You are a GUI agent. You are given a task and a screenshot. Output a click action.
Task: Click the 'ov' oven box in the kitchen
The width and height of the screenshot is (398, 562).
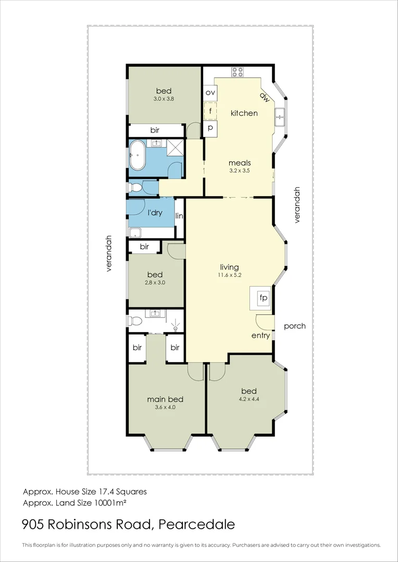point(210,93)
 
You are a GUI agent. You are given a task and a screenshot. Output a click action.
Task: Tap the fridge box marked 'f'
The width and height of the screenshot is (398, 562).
point(210,111)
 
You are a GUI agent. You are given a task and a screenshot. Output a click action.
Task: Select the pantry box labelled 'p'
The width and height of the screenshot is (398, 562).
point(210,128)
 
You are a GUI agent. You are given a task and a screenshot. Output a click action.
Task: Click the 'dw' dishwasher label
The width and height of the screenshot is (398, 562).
point(265,97)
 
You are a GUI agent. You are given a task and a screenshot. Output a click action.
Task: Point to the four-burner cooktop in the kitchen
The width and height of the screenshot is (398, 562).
point(238,72)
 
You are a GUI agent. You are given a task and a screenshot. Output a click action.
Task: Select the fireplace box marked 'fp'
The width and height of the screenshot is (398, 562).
point(263,299)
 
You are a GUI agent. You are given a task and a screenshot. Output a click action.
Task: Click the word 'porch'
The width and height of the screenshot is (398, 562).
point(294,326)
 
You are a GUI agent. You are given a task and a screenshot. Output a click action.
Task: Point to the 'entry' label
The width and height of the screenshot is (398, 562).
point(260,336)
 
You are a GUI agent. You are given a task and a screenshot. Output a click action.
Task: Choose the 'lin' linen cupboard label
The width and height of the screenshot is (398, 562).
point(179,216)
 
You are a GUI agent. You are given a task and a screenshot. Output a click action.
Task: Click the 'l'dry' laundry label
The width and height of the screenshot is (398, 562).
point(155,213)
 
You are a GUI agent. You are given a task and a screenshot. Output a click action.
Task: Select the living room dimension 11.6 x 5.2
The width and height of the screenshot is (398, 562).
point(230,275)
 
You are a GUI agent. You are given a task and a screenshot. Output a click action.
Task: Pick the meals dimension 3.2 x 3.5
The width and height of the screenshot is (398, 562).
point(240,170)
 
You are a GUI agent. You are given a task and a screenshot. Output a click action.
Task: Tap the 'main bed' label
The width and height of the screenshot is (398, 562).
point(165,399)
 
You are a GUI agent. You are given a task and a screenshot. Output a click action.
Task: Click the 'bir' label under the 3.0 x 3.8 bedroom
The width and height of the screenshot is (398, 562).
point(155,130)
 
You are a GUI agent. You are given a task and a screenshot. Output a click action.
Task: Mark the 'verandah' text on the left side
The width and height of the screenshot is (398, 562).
point(109,253)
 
